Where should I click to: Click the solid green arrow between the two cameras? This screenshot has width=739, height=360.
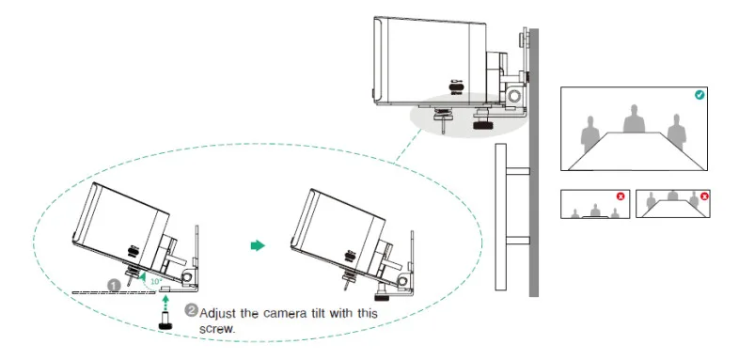pyautogui.click(x=257, y=245)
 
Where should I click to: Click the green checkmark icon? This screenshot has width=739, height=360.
pyautogui.click(x=700, y=95)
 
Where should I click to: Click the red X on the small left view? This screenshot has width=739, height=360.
pyautogui.click(x=620, y=196)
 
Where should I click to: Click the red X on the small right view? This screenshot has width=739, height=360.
pyautogui.click(x=703, y=196)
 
